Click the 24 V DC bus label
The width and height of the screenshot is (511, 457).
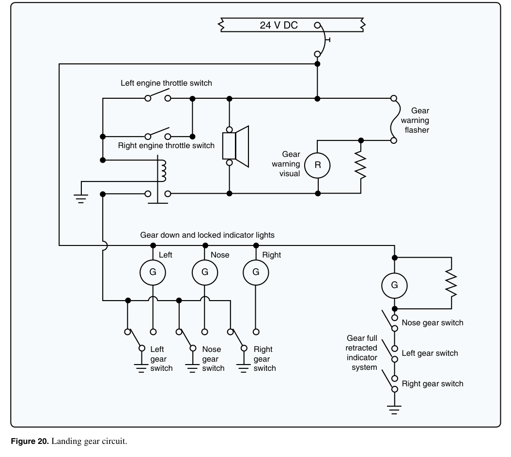point(279,25)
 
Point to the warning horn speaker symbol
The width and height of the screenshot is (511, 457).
point(235,146)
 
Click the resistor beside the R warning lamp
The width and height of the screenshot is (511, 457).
point(361,166)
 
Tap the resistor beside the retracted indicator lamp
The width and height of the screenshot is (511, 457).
point(451,283)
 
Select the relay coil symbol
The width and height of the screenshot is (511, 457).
point(162,171)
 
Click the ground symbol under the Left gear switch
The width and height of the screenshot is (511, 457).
point(141,368)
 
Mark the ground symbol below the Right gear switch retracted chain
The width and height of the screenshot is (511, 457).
point(394,410)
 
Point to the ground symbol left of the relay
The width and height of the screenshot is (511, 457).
point(81,198)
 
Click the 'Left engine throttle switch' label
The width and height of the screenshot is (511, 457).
point(166,83)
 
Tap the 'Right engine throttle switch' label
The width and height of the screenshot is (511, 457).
point(166,145)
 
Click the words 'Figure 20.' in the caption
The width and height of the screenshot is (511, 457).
point(30,441)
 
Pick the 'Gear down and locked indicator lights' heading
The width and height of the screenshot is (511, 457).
point(207,235)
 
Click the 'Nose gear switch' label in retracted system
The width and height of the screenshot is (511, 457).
point(433,322)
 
